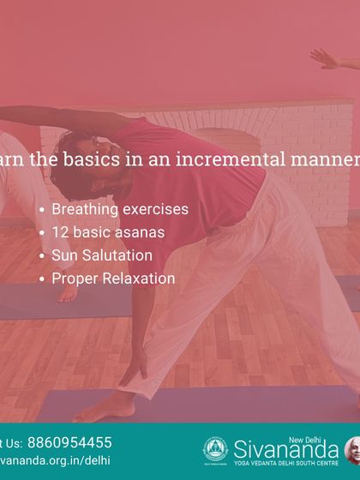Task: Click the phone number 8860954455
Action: coord(69,442)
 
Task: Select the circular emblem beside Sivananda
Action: coord(214,449)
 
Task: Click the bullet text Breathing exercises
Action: coord(119,208)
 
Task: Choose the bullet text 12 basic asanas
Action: coord(107,231)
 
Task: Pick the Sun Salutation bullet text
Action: coord(102,255)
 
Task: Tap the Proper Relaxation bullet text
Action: coord(113,278)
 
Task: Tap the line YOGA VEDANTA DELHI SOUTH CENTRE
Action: coord(286,463)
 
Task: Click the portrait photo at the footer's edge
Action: coord(352,449)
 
